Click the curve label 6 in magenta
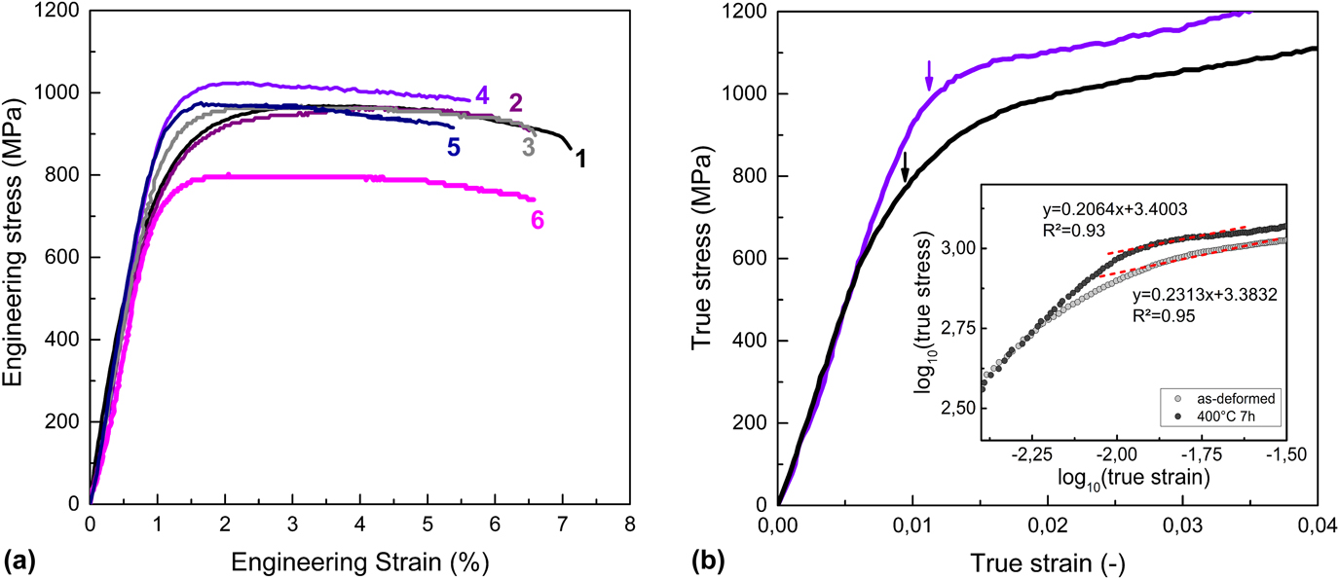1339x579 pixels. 537,220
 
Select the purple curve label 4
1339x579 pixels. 481,94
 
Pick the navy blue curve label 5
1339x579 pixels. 454,147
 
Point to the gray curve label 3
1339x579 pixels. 529,148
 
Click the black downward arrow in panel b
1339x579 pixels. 905,166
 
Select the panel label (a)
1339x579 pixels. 21,561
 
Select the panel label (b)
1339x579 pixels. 708,561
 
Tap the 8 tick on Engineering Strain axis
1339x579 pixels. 630,522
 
